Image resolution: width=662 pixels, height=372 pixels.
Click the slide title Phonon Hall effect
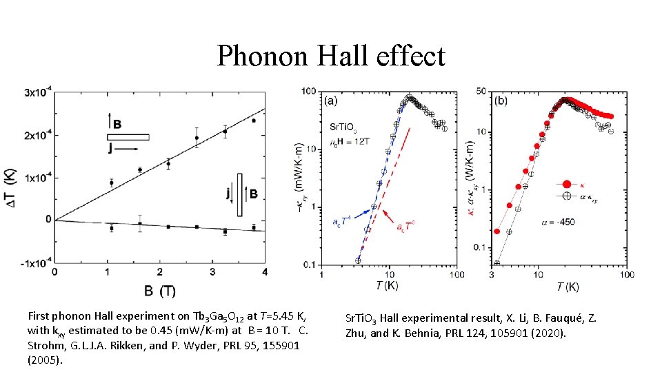[x=331, y=56]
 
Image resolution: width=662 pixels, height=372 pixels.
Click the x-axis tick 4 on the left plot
[x=265, y=273]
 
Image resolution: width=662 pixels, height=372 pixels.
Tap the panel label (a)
[x=332, y=101]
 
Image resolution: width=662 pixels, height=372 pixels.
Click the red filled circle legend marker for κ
[x=565, y=184]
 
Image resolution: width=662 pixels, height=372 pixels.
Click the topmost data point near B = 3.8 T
[x=254, y=121]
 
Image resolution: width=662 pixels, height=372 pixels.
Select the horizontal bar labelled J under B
[x=128, y=136]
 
